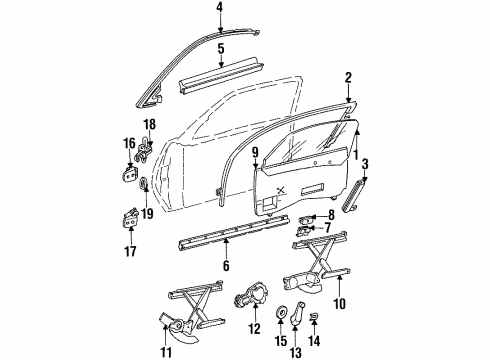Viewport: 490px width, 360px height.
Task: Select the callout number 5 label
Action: (x=221, y=47)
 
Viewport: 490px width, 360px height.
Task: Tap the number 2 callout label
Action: (x=348, y=77)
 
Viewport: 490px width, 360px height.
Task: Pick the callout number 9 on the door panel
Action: (x=254, y=154)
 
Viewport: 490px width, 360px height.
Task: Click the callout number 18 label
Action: (x=150, y=125)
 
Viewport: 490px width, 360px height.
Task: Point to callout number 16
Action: (x=128, y=145)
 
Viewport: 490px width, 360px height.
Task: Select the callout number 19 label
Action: (x=146, y=211)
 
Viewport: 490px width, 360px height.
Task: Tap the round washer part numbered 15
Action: (x=280, y=310)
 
